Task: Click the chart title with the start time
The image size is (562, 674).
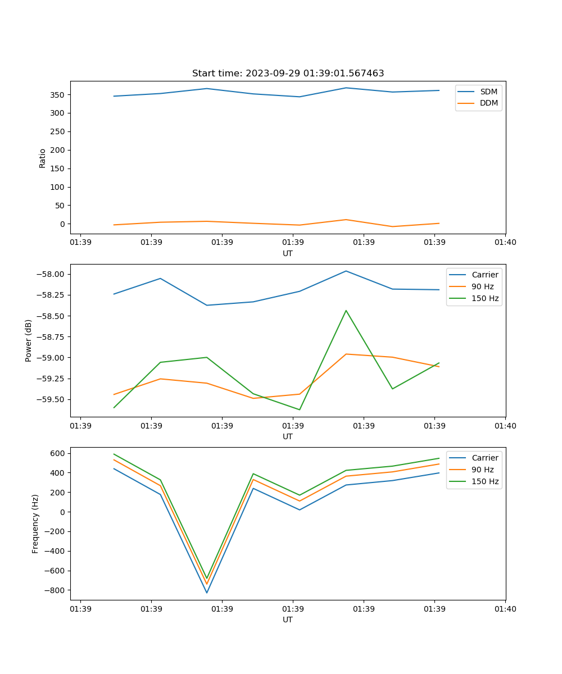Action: tap(288, 74)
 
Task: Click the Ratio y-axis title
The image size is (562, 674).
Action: tap(43, 158)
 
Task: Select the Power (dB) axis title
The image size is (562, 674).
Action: tap(29, 340)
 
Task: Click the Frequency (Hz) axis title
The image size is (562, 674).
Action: tap(35, 523)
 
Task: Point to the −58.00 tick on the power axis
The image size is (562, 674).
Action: tap(53, 274)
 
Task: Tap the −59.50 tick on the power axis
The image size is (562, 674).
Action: tap(53, 399)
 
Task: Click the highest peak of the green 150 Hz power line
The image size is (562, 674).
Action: tap(346, 311)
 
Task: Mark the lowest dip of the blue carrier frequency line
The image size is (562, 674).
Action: tap(207, 593)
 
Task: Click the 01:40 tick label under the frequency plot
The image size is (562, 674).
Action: tap(505, 608)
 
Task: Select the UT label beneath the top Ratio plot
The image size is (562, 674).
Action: tap(288, 253)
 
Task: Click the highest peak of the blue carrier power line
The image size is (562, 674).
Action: tap(346, 271)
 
